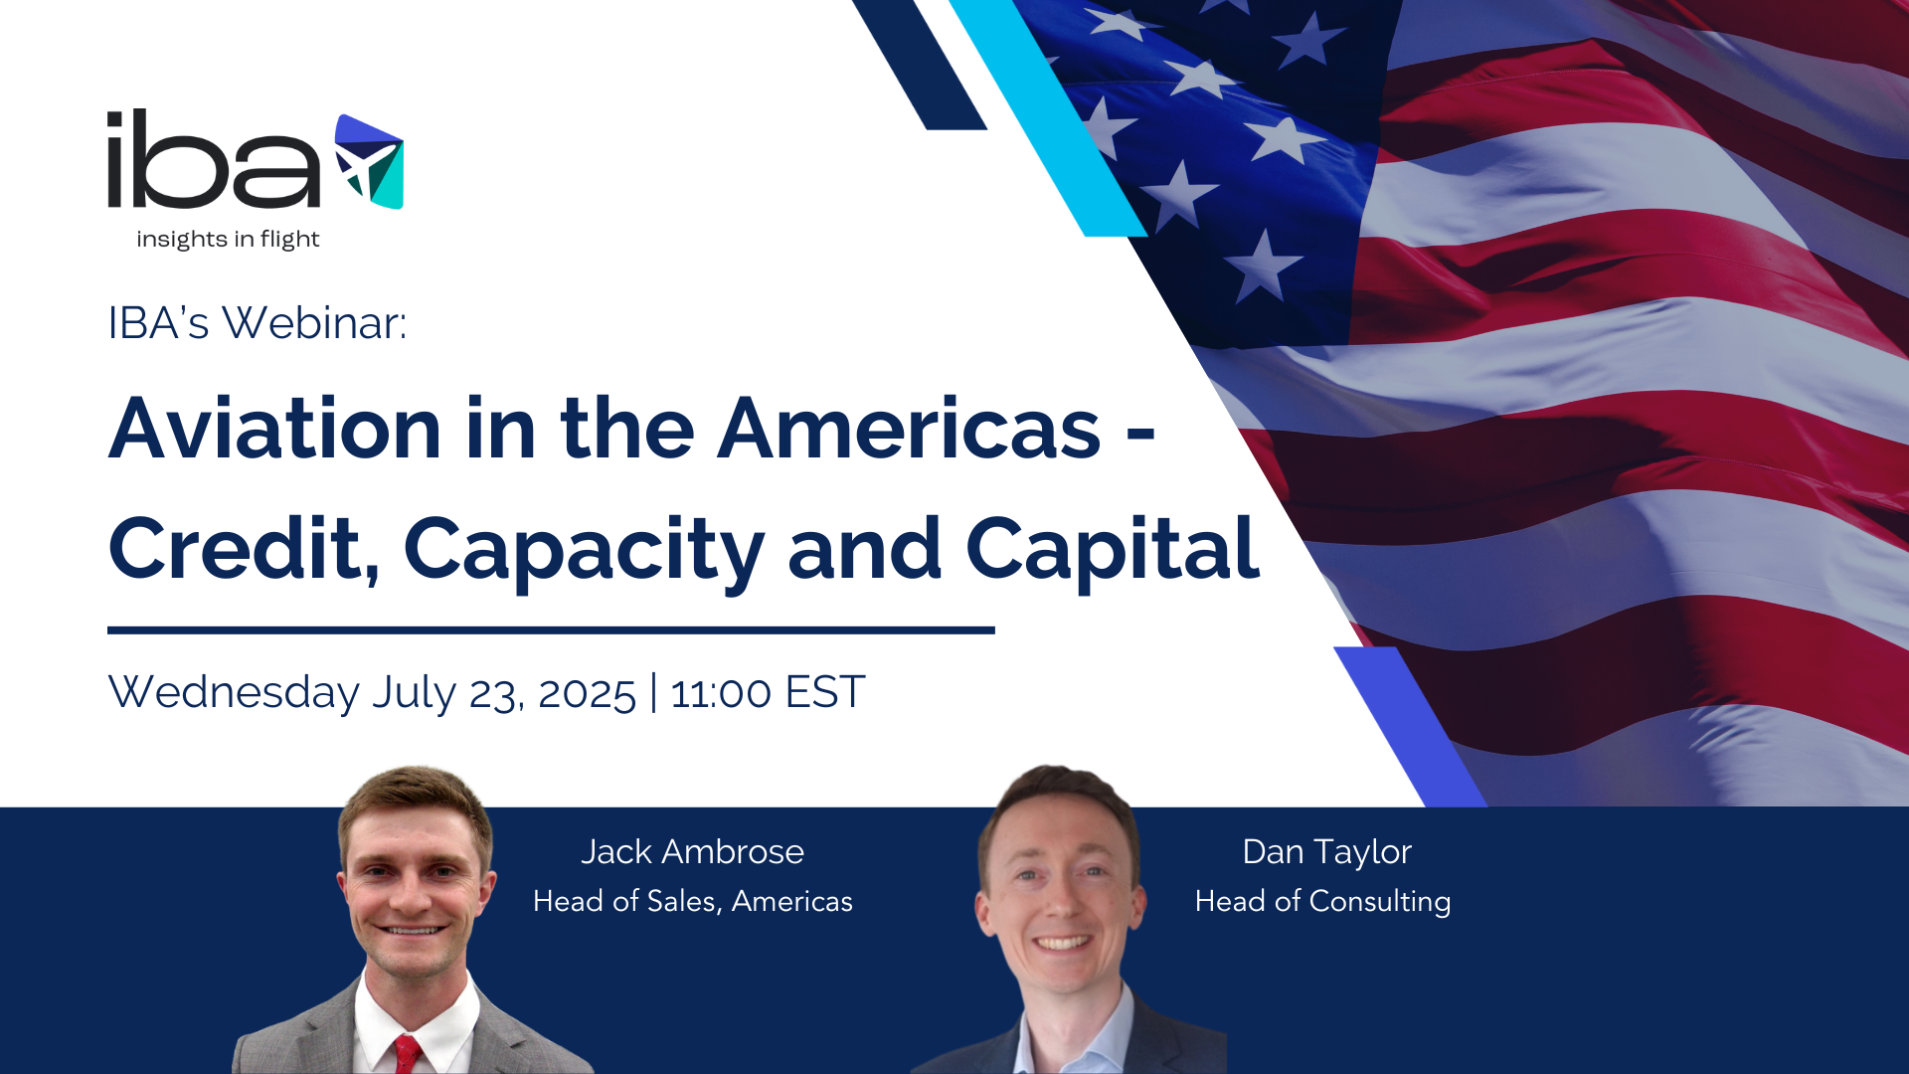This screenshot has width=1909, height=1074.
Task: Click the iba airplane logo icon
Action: (x=369, y=161)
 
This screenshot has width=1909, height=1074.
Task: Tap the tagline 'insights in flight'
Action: (x=228, y=240)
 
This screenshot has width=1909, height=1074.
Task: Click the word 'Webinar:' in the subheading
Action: (x=314, y=323)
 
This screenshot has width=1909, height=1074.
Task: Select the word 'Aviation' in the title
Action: (x=274, y=429)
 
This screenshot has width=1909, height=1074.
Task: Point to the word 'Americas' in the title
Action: (x=909, y=429)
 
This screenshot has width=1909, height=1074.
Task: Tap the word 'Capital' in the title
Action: (x=1113, y=551)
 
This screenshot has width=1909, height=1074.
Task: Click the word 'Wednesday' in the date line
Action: (x=234, y=692)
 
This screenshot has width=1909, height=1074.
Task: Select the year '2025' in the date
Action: (x=587, y=694)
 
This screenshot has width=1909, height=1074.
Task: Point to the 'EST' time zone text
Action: (x=825, y=693)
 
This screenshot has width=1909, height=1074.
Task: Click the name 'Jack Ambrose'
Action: (x=692, y=852)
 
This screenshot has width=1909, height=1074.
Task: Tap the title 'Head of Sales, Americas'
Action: (x=693, y=901)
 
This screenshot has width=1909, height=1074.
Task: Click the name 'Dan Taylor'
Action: (x=1327, y=853)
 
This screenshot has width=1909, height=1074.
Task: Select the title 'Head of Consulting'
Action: (x=1323, y=902)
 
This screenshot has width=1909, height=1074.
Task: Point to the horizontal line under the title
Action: (x=551, y=630)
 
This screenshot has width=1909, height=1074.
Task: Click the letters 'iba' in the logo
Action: (x=214, y=159)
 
